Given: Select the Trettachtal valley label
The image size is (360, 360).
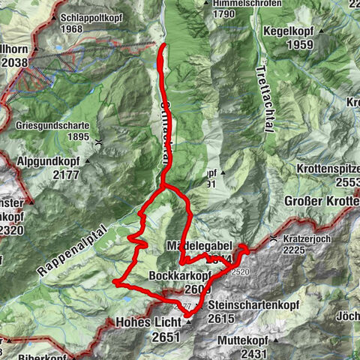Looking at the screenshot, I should coord(262,97).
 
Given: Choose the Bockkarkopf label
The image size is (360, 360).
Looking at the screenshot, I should coord(179,275).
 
